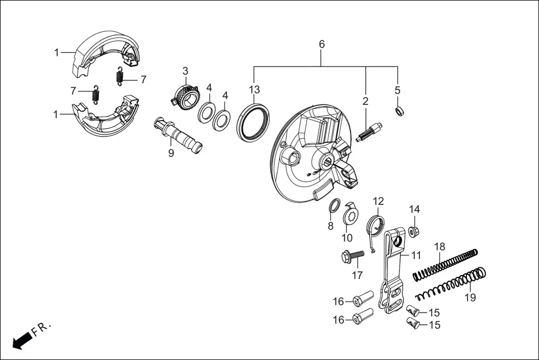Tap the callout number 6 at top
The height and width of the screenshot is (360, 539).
pyautogui.click(x=322, y=44)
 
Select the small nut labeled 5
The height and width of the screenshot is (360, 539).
pyautogui.click(x=400, y=111)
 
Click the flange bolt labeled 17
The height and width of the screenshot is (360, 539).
pyautogui.click(x=351, y=256)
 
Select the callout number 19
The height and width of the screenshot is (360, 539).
pyautogui.click(x=470, y=297)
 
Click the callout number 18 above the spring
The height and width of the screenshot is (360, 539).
pyautogui.click(x=440, y=246)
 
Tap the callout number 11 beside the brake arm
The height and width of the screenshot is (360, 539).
pyautogui.click(x=416, y=255)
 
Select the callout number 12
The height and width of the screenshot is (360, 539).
pyautogui.click(x=379, y=201)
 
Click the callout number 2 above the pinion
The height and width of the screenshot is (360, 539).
pyautogui.click(x=365, y=101)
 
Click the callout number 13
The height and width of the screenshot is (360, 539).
pyautogui.click(x=255, y=90)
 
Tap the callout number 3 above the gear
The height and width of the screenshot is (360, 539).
pyautogui.click(x=185, y=71)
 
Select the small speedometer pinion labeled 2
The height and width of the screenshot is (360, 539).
pyautogui.click(x=368, y=133)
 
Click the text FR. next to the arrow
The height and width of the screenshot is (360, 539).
pyautogui.click(x=41, y=328)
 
